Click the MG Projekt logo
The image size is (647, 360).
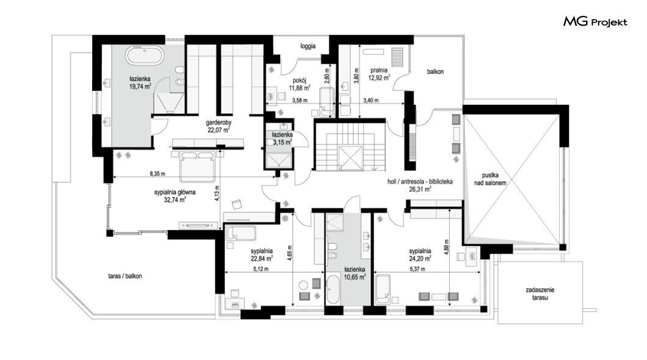595,22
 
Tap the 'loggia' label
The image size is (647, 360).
308,46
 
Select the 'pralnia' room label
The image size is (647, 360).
379,70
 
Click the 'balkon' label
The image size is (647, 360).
435,72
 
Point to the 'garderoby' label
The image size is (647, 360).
219,123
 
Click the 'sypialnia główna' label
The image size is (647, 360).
175,192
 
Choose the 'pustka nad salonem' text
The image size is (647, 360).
490,179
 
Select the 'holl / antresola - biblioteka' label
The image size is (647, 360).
420,182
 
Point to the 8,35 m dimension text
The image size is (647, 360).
157,174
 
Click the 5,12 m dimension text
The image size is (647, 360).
261,269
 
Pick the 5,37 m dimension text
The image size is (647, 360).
417,269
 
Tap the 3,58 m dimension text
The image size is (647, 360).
300,100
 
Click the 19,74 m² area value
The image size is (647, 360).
140,86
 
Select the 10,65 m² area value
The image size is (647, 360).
355,277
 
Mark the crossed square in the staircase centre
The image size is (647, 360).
350,157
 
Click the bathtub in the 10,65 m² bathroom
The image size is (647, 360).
333,290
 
